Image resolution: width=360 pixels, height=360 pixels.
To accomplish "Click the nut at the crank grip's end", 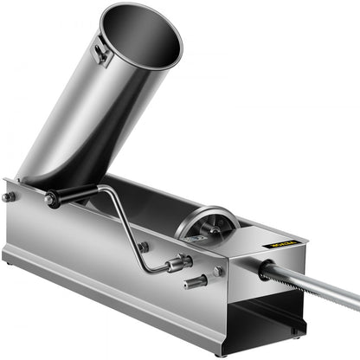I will click(51, 200).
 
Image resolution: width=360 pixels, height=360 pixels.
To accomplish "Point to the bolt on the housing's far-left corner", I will click(9, 197).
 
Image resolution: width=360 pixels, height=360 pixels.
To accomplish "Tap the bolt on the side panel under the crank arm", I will click(142, 247).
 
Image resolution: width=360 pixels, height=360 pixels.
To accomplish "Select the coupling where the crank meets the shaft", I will click(181, 260).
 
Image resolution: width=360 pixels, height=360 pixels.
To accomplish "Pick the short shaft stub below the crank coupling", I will click(194, 280).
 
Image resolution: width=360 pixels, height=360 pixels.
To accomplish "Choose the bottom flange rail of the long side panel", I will click(104, 286).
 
